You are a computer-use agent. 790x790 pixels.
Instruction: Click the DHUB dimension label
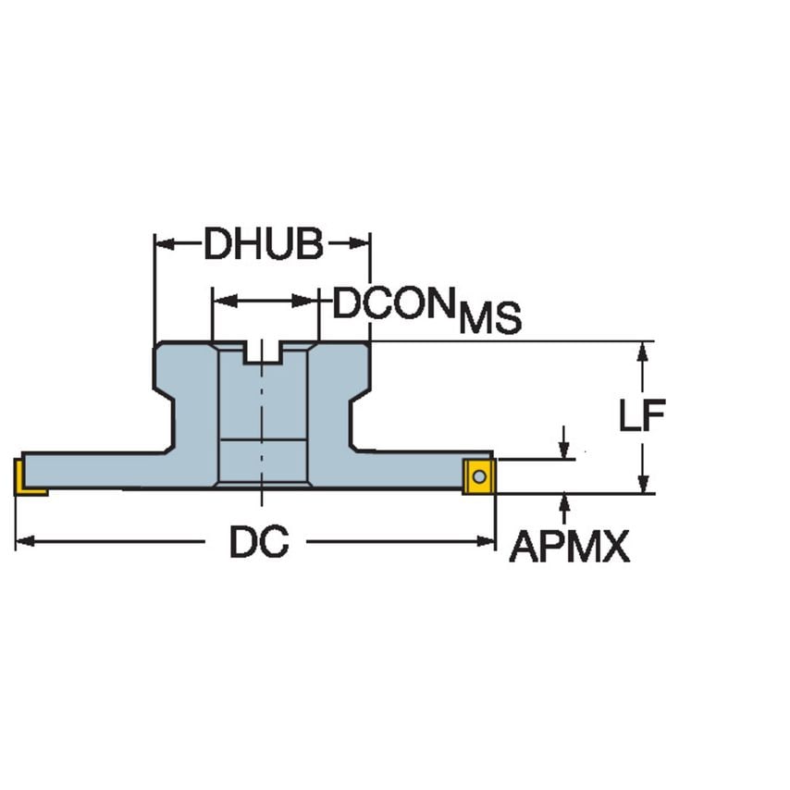(263, 245)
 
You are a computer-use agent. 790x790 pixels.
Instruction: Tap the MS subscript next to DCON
(490, 318)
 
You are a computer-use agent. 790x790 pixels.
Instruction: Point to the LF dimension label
(642, 417)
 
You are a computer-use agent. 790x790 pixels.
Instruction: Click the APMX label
(569, 549)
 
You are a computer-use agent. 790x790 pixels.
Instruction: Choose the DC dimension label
(259, 543)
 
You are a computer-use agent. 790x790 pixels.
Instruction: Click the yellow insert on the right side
(479, 475)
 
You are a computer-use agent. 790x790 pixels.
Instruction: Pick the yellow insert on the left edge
(28, 477)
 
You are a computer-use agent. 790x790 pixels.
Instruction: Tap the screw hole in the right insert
(478, 476)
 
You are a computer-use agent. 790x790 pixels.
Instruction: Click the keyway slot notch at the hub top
(263, 352)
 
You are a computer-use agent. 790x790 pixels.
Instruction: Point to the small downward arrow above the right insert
(563, 448)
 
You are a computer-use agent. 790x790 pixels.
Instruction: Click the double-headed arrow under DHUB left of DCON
(265, 301)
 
